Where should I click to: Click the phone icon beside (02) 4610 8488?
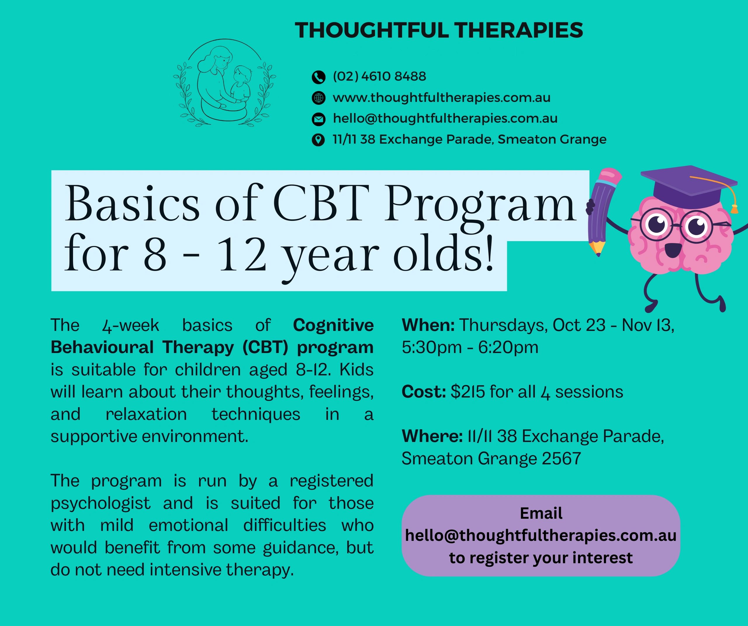click(318, 77)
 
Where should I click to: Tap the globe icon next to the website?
click(318, 98)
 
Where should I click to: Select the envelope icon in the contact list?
click(318, 119)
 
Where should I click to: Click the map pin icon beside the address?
click(318, 140)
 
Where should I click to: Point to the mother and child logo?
click(224, 83)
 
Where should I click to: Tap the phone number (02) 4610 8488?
click(379, 76)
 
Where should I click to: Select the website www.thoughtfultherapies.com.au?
click(442, 97)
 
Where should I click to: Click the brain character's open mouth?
click(673, 250)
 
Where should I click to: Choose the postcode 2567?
click(561, 459)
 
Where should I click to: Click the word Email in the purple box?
click(541, 513)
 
